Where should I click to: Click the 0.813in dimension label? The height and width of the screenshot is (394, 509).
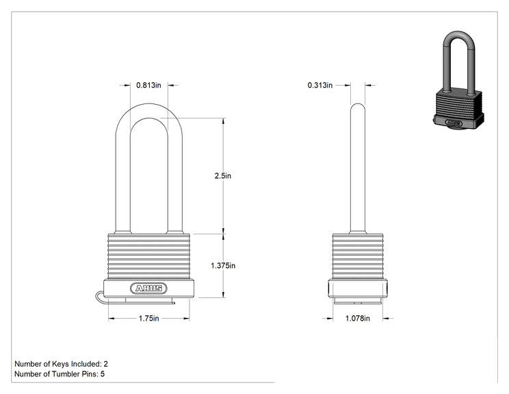click(148, 85)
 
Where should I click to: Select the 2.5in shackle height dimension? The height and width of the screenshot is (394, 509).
click(223, 176)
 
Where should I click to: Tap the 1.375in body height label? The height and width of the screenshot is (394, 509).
click(223, 266)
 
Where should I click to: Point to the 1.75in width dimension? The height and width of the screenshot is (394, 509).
click(149, 318)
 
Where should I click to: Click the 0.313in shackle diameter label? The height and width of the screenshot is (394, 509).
click(320, 85)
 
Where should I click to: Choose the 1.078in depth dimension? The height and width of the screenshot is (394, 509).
click(357, 318)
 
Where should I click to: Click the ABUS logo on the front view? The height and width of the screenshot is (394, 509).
click(148, 288)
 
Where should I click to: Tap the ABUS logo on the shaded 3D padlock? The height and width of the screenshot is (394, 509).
click(454, 123)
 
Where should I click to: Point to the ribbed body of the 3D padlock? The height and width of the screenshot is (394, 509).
click(458, 103)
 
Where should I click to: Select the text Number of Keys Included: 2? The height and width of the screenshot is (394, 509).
click(61, 364)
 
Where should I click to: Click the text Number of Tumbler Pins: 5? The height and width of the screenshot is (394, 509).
click(60, 374)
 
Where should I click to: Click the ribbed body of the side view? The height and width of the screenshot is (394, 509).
click(358, 256)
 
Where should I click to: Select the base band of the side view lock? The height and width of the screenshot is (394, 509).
click(358, 288)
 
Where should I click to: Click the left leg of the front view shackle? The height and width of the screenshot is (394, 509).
click(123, 182)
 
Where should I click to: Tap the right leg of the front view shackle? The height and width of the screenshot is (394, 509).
click(175, 182)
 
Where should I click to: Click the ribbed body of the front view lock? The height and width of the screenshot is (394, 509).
click(149, 256)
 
